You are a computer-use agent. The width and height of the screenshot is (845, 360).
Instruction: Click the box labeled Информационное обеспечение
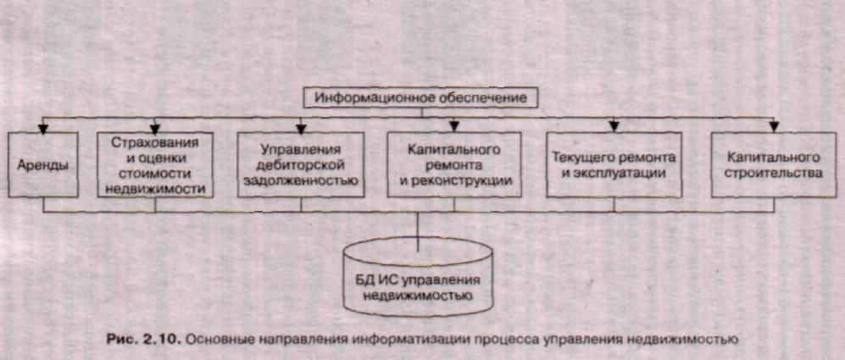[x=420, y=98]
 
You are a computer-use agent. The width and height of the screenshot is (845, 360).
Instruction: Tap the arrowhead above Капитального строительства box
[x=773, y=128]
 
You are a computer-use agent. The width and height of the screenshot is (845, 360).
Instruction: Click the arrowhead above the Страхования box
[x=155, y=128]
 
